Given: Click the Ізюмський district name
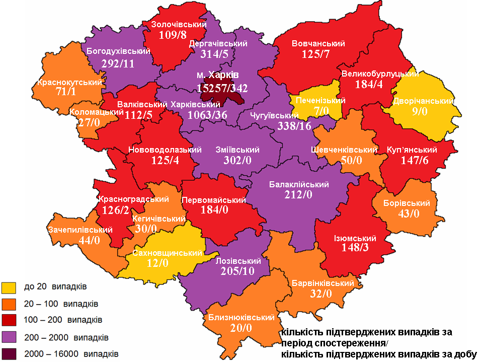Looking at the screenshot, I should [x=355, y=238].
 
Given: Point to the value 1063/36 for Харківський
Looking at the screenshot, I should [x=207, y=115].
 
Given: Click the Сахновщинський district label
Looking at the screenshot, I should [x=164, y=253].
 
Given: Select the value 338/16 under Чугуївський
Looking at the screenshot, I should [x=294, y=126].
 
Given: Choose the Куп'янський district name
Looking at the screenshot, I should [x=412, y=150].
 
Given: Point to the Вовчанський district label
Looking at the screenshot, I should [x=318, y=44].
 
